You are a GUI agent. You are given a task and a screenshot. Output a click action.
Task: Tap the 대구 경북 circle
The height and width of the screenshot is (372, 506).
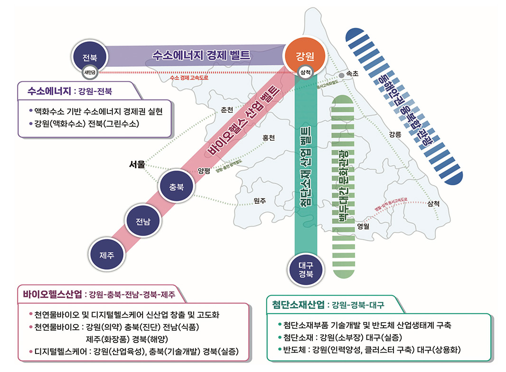(x=306, y=270)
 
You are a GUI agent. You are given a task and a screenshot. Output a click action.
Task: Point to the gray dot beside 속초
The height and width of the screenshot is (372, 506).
(x=341, y=75)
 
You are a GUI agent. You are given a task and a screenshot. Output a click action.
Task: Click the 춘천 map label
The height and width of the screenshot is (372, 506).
(x=227, y=110)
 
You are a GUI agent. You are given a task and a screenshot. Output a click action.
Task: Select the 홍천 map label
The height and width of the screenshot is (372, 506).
(x=269, y=138)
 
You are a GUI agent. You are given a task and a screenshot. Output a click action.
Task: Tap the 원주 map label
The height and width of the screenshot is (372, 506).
(x=260, y=201)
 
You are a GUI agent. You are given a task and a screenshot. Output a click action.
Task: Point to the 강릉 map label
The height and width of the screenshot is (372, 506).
(x=395, y=134)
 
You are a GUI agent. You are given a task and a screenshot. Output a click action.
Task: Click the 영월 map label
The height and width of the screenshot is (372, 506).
(x=363, y=226)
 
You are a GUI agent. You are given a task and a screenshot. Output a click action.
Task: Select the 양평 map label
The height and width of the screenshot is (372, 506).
(x=204, y=171)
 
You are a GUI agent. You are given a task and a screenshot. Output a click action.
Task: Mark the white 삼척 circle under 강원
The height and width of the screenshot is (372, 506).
(x=305, y=73)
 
